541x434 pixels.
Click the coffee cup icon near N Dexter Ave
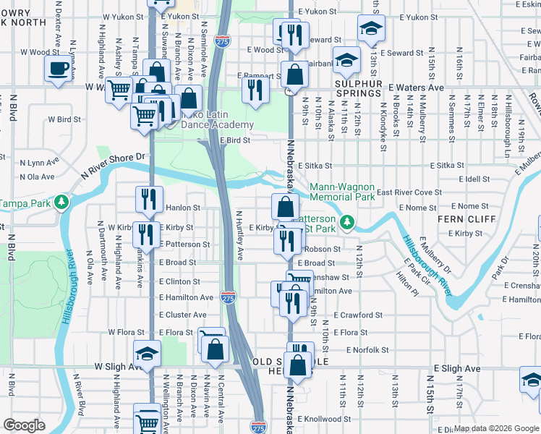click(58, 69)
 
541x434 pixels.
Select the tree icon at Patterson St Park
click(348, 223)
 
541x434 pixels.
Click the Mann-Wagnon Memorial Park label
click(342, 192)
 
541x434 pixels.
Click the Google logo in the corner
click(24, 425)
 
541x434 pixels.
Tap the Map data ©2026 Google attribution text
click(496, 428)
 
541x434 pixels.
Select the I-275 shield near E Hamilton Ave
click(228, 297)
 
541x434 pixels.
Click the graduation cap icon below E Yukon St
click(371, 28)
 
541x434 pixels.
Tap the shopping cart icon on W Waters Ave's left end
click(119, 91)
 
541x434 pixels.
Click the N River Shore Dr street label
click(114, 163)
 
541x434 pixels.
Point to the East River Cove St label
click(409, 192)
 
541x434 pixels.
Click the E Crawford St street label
click(358, 315)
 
